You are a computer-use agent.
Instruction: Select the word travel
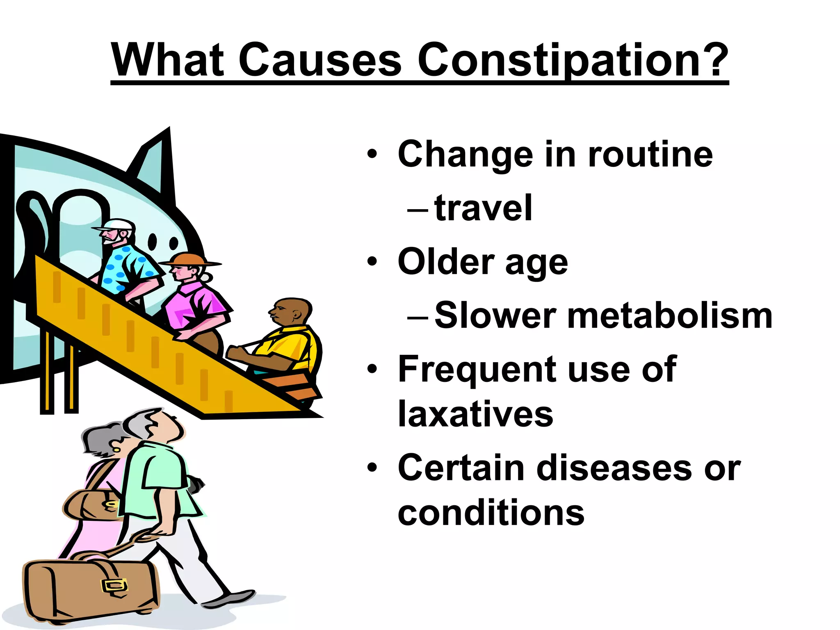(x=483, y=208)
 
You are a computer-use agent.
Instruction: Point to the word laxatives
(x=475, y=414)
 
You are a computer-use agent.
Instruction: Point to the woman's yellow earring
(x=116, y=450)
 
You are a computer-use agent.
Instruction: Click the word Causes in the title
(x=320, y=60)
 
